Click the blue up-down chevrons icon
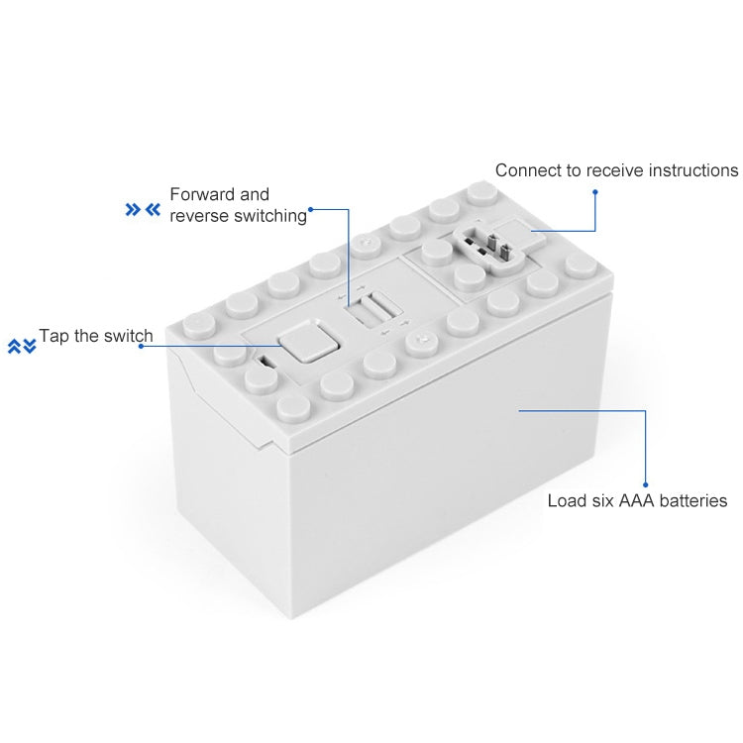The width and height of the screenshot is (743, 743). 22,346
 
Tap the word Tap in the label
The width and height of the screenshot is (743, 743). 55,336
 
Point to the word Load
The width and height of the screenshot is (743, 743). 567,500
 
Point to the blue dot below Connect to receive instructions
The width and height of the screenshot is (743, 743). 594,187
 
